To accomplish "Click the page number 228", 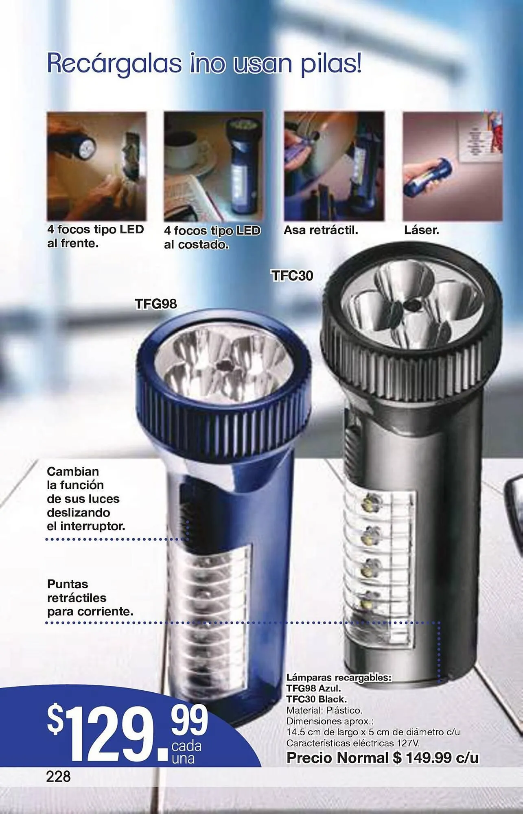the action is [59, 776].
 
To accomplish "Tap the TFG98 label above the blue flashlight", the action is [156, 304].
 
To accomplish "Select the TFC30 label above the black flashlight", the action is [292, 276].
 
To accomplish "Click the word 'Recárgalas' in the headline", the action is [114, 63].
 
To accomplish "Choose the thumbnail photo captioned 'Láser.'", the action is [453, 166].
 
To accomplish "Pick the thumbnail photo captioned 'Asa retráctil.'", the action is [334, 166].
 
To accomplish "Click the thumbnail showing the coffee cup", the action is [213, 166].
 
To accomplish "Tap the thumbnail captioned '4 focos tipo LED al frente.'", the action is [96, 166].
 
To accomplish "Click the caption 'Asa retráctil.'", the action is [321, 230].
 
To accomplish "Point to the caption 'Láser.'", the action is [422, 230].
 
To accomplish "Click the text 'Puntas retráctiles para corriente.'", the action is [90, 598].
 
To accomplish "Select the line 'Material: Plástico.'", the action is [324, 710].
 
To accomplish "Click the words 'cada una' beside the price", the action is [186, 753].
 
